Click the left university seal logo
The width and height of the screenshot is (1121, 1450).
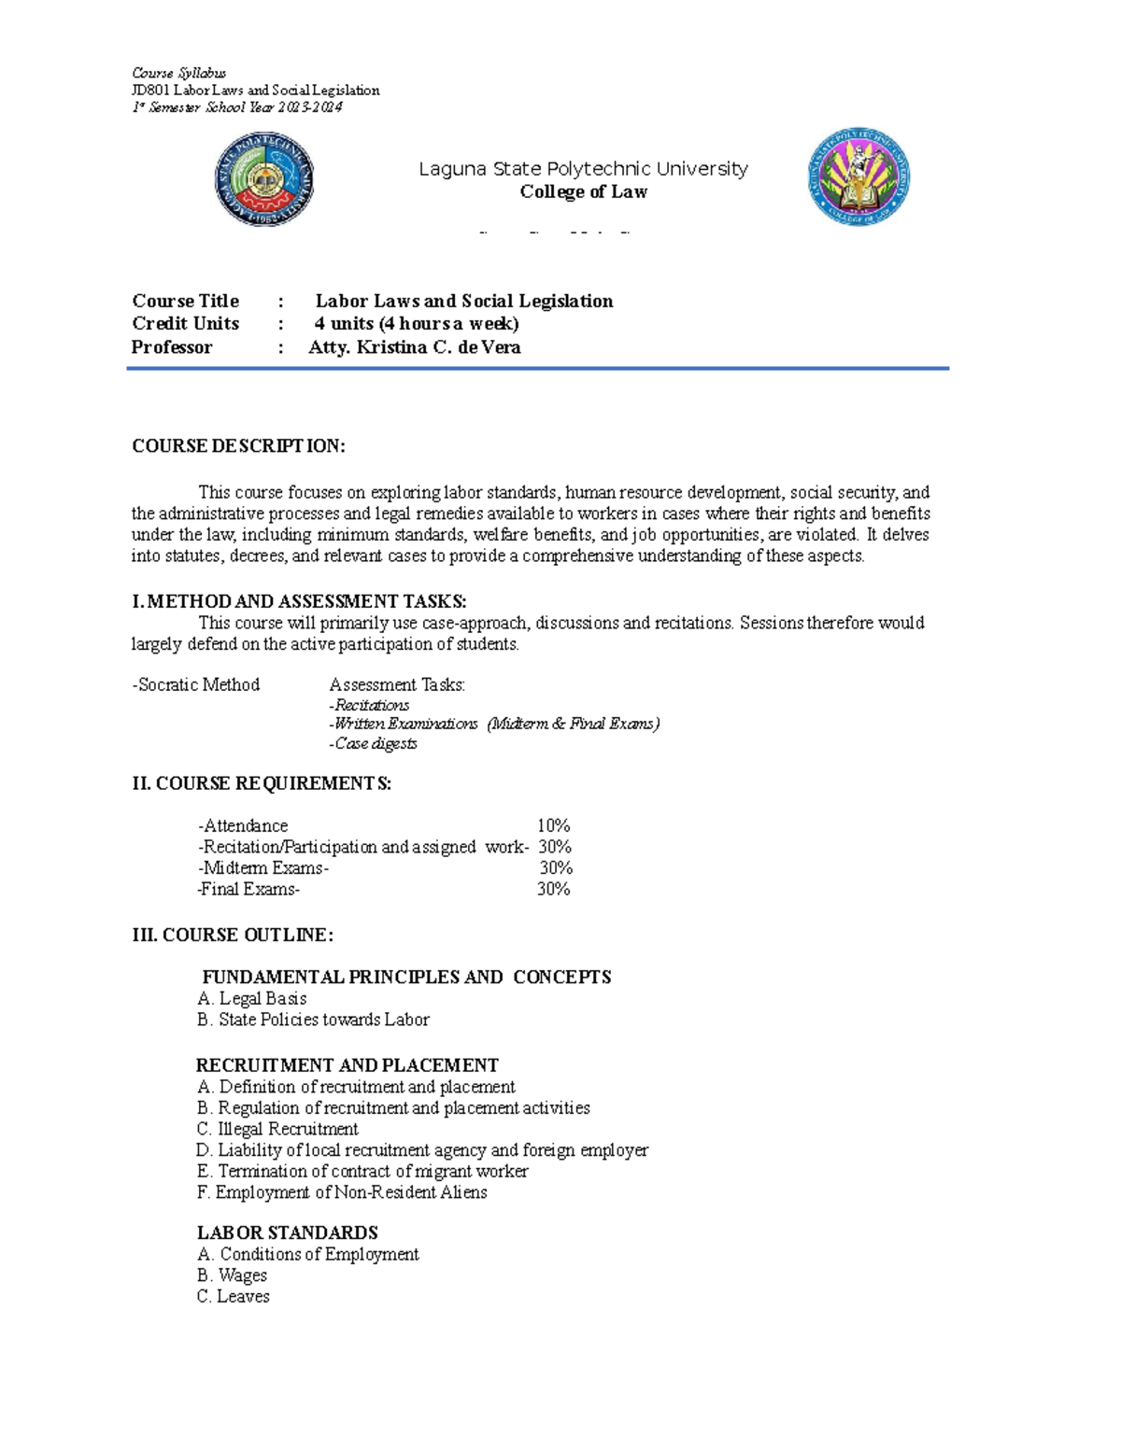[264, 178]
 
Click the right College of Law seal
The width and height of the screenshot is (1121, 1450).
[858, 177]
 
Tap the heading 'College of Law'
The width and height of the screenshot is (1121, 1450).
[583, 191]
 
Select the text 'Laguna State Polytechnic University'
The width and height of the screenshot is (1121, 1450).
[583, 169]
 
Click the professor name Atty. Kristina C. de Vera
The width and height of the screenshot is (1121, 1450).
[414, 347]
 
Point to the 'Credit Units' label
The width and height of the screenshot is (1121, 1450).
[185, 324]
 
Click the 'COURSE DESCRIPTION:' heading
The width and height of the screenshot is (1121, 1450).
[238, 446]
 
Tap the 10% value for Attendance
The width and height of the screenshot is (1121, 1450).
[553, 825]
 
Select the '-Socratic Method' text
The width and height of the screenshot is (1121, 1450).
[196, 684]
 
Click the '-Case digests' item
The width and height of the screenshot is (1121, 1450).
[373, 744]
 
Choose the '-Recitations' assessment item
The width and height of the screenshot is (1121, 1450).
[369, 705]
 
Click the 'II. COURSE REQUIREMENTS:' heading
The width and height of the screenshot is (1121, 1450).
[262, 783]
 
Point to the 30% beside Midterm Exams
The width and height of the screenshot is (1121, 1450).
[556, 867]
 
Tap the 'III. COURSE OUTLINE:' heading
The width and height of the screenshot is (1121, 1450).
[233, 935]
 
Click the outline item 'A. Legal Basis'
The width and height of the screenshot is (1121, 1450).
[252, 998]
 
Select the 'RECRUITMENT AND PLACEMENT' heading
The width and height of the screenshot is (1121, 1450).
[347, 1065]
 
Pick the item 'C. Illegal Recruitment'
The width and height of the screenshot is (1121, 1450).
[277, 1129]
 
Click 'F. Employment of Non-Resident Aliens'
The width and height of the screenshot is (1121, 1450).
[342, 1192]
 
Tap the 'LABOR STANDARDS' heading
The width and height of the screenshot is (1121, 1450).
[287, 1232]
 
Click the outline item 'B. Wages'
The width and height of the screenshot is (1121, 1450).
[232, 1275]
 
